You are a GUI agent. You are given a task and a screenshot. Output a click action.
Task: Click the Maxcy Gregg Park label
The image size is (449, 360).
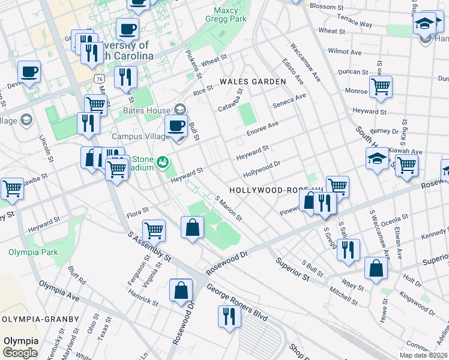point(230,15)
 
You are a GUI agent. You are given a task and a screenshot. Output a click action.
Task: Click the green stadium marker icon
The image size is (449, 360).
point(161,162)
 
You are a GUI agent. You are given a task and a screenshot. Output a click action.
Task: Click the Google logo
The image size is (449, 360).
point(20,352)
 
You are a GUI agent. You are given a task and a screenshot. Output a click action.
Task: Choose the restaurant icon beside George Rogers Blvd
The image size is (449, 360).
point(229,315)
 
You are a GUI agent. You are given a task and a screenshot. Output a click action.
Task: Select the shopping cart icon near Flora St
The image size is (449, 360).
point(154,229)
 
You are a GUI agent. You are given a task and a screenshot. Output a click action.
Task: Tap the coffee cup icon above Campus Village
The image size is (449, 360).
point(176,126)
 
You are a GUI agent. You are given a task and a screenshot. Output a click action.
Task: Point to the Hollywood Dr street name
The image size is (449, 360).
point(262,169)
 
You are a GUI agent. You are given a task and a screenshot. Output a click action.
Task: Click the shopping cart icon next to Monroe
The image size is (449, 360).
point(381,86)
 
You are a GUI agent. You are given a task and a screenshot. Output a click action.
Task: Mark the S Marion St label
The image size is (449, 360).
point(228,207)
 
